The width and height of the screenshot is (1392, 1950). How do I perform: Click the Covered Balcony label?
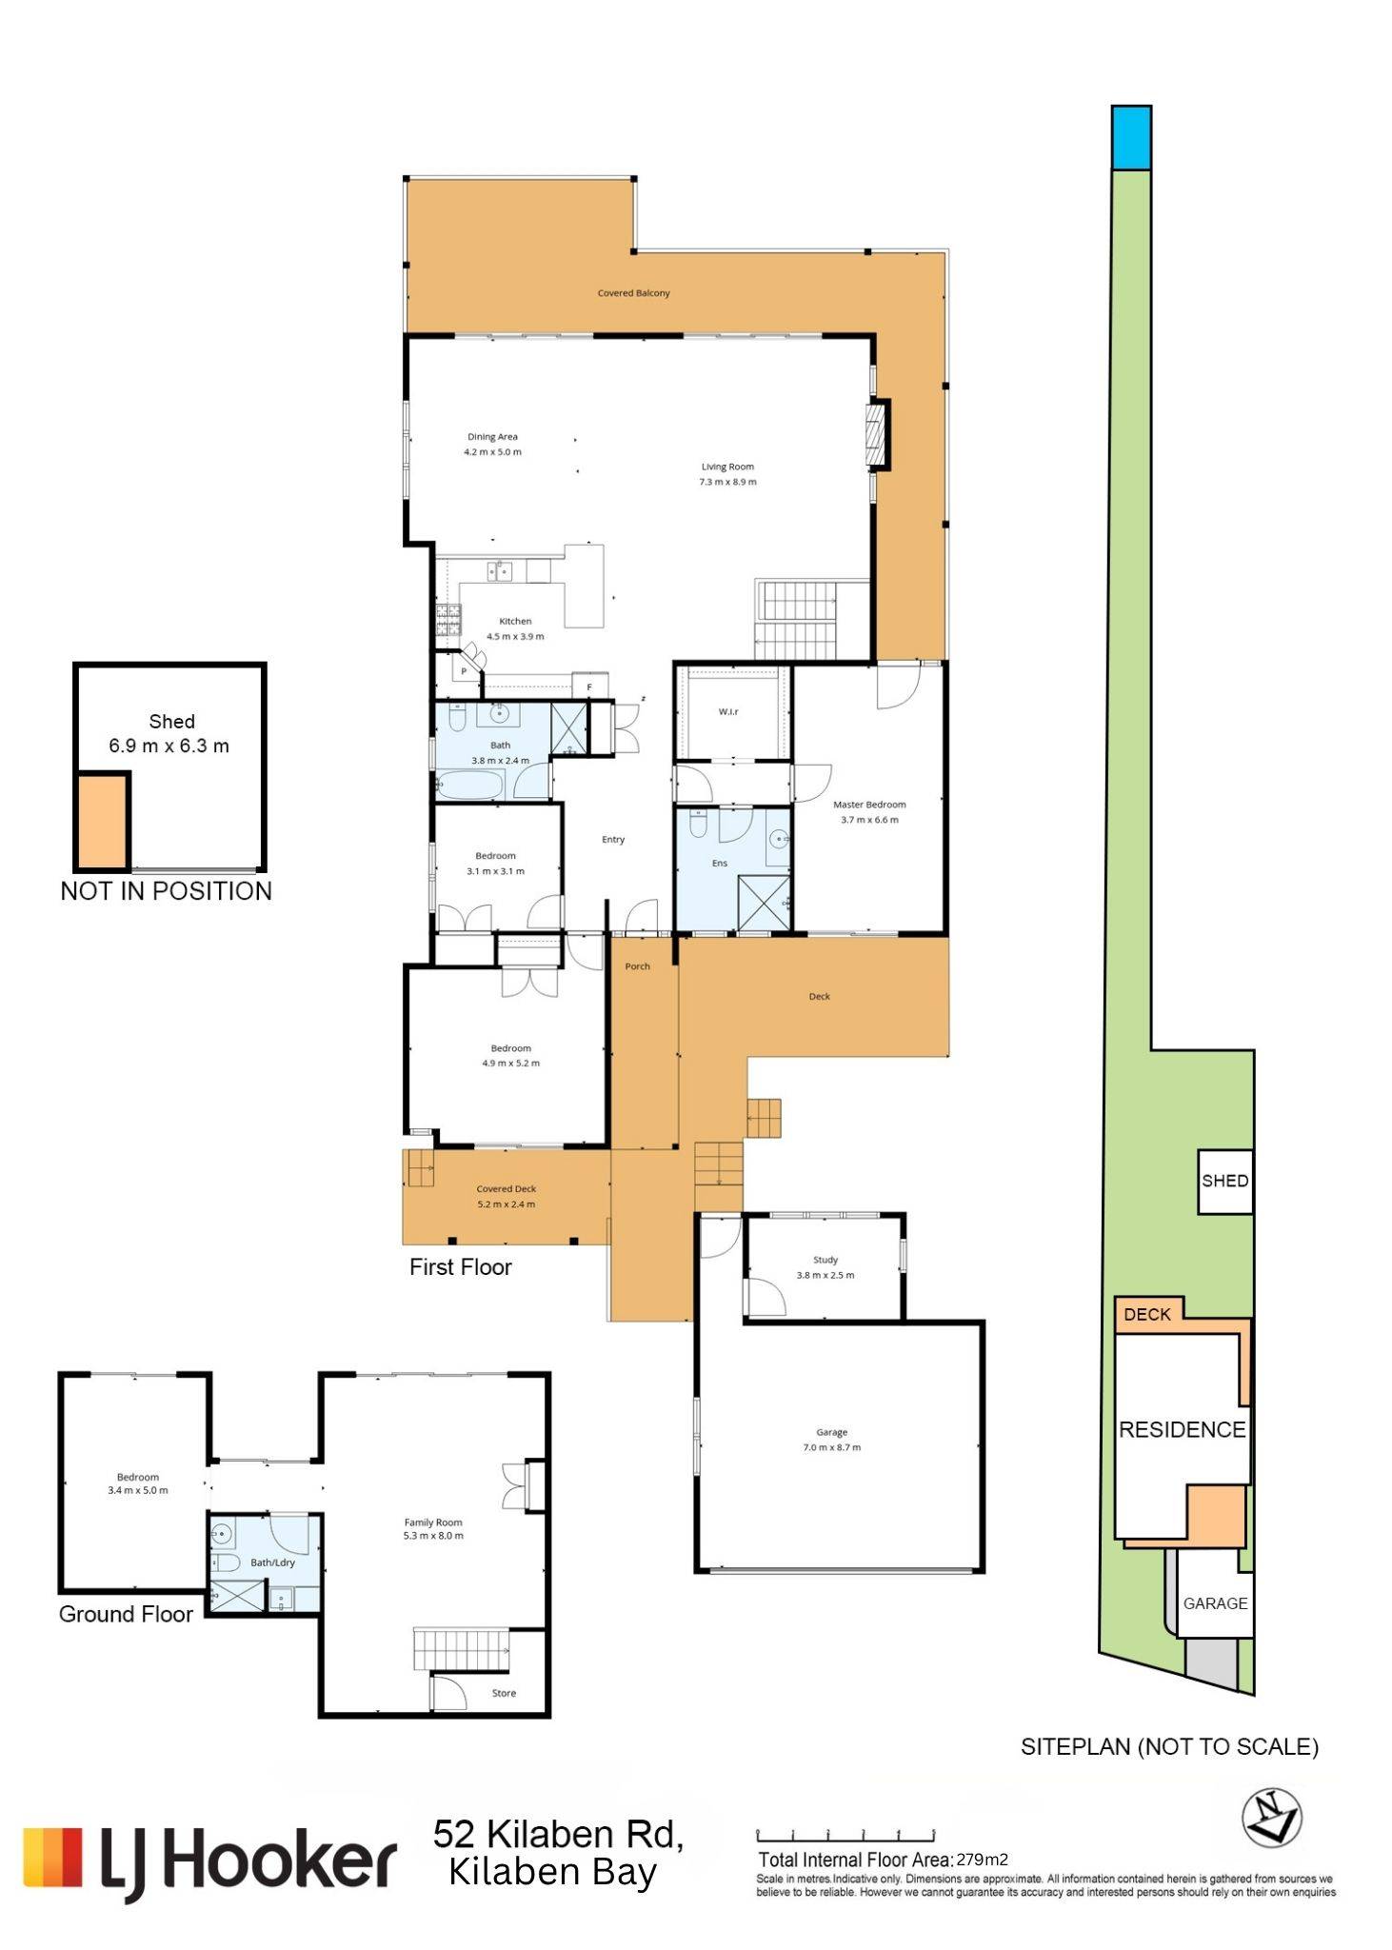[x=633, y=293]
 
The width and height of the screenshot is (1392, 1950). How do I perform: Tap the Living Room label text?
[x=727, y=467]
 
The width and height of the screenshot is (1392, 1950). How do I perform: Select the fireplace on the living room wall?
[x=878, y=434]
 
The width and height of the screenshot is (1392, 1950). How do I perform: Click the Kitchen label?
[x=515, y=621]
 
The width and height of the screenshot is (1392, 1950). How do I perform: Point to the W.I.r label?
[x=728, y=711]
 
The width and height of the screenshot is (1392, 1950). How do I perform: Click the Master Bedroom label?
[x=869, y=805]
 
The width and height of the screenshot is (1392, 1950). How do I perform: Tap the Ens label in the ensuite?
[x=720, y=864]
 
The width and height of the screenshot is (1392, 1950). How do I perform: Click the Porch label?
[x=637, y=966]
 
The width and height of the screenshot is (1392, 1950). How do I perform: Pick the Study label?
[x=825, y=1260]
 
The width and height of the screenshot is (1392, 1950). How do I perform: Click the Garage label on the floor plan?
[x=831, y=1432]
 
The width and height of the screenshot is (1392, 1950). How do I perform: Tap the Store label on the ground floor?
[x=504, y=1693]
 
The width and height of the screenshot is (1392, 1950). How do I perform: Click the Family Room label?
[x=433, y=1522]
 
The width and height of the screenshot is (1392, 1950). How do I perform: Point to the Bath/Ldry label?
[x=272, y=1562]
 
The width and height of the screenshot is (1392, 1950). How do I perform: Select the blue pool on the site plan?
[x=1131, y=138]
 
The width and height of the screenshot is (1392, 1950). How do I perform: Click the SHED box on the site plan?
[x=1224, y=1181]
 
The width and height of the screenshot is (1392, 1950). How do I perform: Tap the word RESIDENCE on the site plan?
[x=1183, y=1429]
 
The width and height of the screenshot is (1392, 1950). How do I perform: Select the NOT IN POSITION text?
[x=167, y=891]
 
